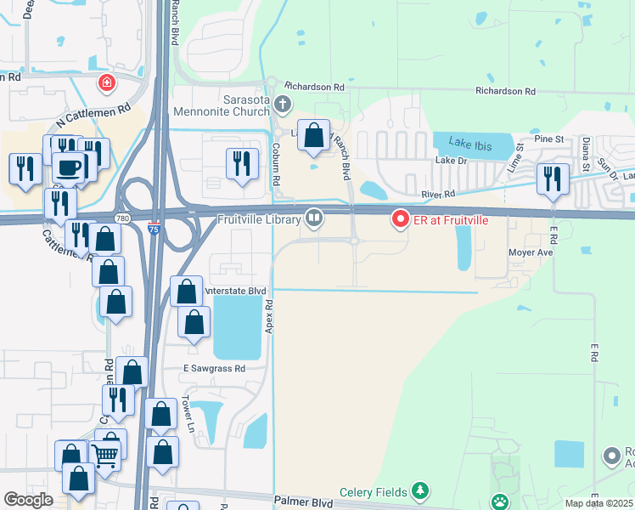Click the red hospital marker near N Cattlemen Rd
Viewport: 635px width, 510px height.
click(x=106, y=83)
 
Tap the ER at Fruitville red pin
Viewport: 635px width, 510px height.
click(x=400, y=220)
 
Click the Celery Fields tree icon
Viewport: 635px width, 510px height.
click(x=419, y=490)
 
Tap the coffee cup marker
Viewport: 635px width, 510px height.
click(x=69, y=166)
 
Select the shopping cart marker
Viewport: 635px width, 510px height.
click(x=105, y=455)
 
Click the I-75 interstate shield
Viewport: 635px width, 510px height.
click(x=154, y=227)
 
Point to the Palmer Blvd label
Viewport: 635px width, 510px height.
click(x=302, y=502)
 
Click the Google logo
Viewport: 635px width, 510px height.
click(x=29, y=500)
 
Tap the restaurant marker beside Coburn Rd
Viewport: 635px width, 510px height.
click(x=242, y=162)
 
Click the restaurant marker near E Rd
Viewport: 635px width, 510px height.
click(x=553, y=178)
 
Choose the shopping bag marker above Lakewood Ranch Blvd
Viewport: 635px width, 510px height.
click(x=314, y=134)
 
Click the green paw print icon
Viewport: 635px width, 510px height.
click(x=501, y=501)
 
